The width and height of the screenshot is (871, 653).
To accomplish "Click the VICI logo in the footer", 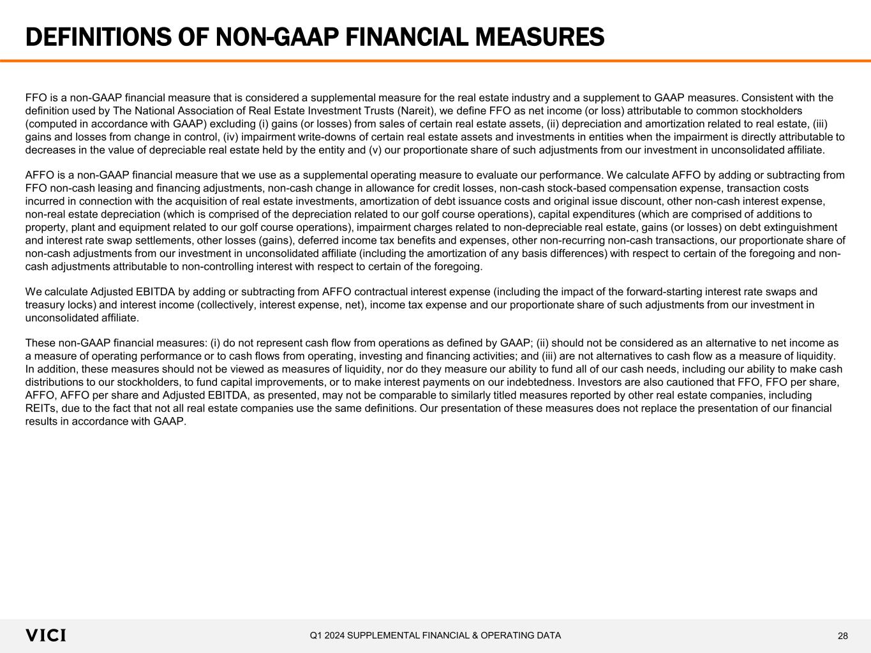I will tap(45, 636).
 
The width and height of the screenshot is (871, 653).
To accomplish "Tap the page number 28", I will tap(843, 636).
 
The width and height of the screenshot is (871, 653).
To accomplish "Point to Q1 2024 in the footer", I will tap(328, 635).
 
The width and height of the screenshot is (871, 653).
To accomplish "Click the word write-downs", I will tap(299, 137).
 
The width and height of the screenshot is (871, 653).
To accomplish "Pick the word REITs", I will tap(40, 408).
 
